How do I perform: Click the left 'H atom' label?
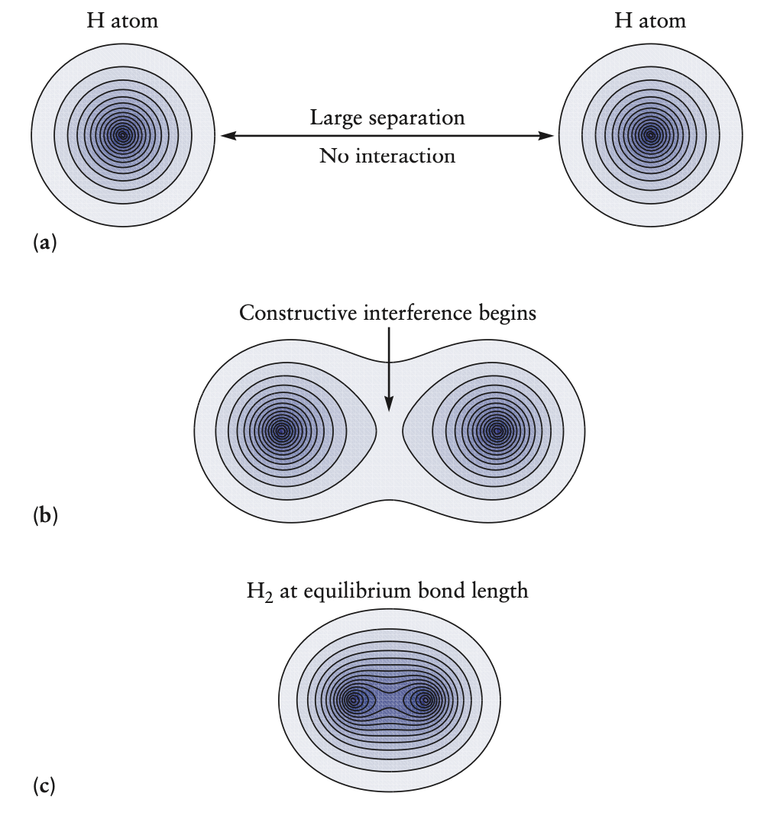[x=122, y=21]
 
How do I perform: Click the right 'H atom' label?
[x=650, y=21]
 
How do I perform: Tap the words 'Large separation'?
[x=387, y=118]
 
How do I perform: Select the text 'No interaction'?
[x=387, y=156]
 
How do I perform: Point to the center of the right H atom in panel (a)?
[x=651, y=136]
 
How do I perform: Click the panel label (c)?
[x=44, y=785]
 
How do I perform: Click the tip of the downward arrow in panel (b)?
[x=389, y=409]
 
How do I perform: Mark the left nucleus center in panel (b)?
[x=283, y=431]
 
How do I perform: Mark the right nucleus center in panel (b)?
[x=497, y=431]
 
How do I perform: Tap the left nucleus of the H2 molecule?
[x=353, y=699]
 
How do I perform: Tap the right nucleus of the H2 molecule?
[x=426, y=699]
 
